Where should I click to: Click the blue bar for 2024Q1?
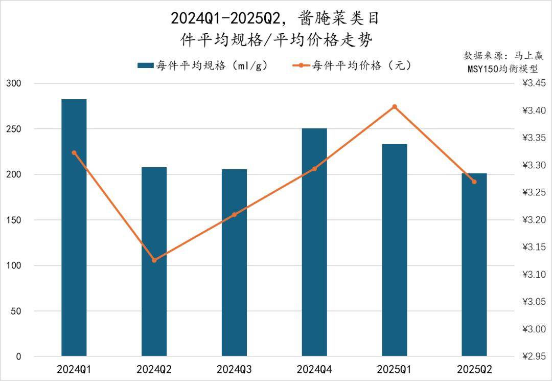[x=74, y=228]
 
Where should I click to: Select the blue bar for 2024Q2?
[x=154, y=261]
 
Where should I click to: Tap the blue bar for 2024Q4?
[x=314, y=242]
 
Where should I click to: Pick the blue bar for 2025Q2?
[x=474, y=264]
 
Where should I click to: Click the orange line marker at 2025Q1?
[x=395, y=107]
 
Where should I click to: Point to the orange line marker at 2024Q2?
[x=154, y=260]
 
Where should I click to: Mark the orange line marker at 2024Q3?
[x=235, y=215]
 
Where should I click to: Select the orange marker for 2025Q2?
[x=474, y=182]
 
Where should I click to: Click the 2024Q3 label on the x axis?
[x=234, y=369]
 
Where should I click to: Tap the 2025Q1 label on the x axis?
[x=395, y=369]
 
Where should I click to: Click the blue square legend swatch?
[x=145, y=65]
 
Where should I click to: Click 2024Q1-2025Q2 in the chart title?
[x=226, y=18]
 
